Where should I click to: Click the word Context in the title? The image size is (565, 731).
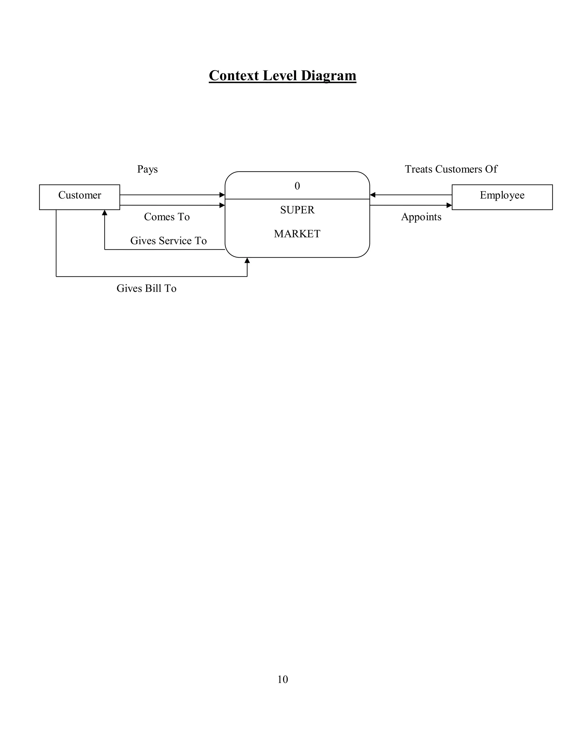click(x=234, y=75)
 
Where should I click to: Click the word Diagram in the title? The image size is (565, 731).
click(x=328, y=75)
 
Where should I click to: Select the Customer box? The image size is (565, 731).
click(x=79, y=197)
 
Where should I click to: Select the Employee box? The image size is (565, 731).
click(x=502, y=197)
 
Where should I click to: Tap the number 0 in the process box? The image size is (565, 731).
click(x=297, y=186)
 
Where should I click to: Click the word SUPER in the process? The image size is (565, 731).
click(x=297, y=210)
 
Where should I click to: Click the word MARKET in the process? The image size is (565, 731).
click(x=297, y=234)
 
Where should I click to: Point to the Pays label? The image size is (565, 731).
click(x=147, y=169)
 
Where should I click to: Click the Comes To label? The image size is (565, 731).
click(x=167, y=217)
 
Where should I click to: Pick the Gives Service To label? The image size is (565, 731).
click(x=168, y=241)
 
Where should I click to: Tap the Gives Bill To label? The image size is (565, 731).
click(x=146, y=288)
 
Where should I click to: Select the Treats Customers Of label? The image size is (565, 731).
click(x=451, y=169)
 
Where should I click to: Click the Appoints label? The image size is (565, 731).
click(x=421, y=217)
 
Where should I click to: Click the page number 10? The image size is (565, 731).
click(x=282, y=679)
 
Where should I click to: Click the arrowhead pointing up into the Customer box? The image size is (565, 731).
click(x=105, y=212)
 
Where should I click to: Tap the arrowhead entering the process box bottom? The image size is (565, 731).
click(x=247, y=260)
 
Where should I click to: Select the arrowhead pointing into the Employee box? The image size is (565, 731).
click(x=449, y=205)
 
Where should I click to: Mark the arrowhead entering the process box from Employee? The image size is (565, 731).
click(x=372, y=195)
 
